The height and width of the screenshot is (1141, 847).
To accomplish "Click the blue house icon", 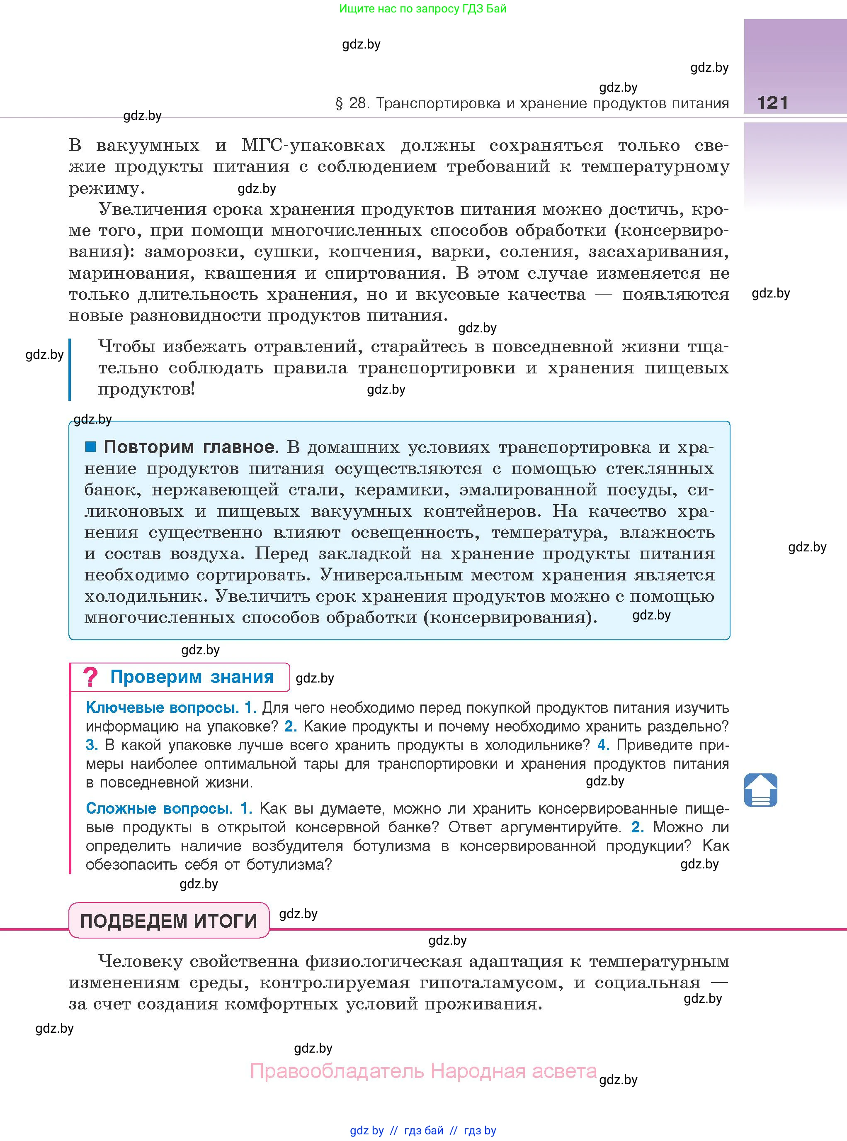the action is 760,790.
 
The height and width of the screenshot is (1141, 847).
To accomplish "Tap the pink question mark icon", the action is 90,677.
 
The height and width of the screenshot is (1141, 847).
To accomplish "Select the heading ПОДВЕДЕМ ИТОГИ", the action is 169,921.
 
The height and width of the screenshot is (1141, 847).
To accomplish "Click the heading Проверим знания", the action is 192,677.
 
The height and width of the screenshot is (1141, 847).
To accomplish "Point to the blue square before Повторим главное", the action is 91,446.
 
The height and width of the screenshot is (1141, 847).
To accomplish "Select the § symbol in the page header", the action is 338,104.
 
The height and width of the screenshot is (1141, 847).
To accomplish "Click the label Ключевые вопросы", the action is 162,708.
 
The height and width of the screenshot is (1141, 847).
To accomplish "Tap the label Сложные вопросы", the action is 159,809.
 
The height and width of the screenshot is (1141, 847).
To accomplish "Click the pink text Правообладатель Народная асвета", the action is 423,1071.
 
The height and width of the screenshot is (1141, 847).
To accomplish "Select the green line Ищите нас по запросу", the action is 422,9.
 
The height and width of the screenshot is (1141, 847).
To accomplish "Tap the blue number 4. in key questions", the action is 603,745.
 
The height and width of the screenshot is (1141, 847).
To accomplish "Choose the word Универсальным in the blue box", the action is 391,575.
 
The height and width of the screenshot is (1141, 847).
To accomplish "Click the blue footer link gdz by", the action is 366,1130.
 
